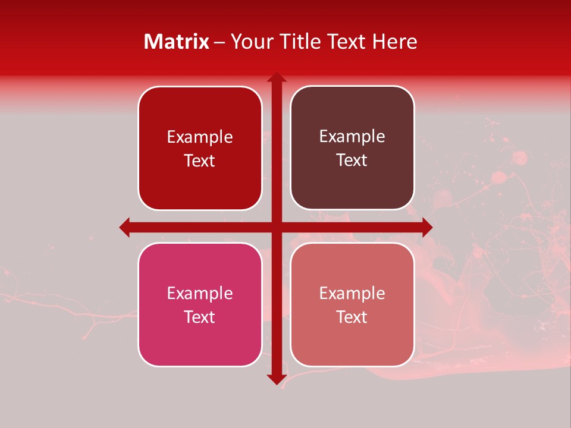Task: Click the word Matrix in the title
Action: [x=177, y=42]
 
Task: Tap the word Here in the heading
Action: [x=394, y=42]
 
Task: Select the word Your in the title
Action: [x=250, y=42]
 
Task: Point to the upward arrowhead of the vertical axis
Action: [x=277, y=77]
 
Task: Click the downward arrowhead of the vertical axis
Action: [x=277, y=379]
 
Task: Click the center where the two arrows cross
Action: [x=277, y=227]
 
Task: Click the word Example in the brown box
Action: [x=352, y=137]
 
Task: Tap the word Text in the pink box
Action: [x=200, y=317]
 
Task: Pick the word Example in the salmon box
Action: [x=352, y=293]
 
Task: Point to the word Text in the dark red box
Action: [x=200, y=160]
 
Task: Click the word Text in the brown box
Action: [x=352, y=160]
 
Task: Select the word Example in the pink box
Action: [x=200, y=293]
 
